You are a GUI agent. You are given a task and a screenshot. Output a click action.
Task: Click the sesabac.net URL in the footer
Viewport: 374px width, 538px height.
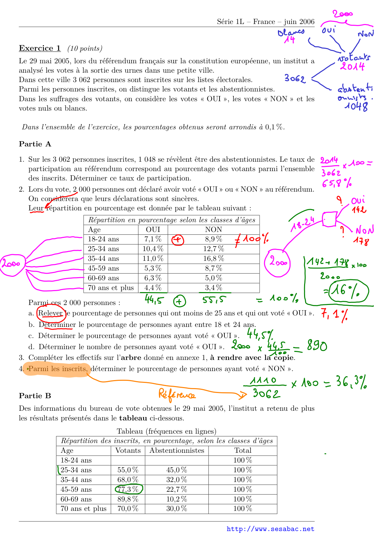pos(270,529)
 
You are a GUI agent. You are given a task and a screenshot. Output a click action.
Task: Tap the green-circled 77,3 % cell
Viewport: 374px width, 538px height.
pos(128,489)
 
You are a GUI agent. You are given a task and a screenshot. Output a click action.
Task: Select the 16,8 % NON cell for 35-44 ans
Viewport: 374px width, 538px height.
pos(214,258)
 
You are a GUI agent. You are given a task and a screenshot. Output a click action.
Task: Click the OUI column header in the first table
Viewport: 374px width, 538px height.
pos(153,230)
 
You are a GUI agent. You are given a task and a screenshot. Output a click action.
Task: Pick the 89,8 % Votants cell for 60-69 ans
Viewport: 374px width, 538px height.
pos(128,499)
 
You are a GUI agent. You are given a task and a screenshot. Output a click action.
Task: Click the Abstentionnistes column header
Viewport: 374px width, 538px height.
pos(177,450)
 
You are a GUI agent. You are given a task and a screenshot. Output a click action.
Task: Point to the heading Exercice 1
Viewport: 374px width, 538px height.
pos(40,48)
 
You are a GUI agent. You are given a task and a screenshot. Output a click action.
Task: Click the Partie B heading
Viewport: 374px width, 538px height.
pos(35,396)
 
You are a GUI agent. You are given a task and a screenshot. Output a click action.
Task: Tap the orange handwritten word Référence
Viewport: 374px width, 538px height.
pos(177,394)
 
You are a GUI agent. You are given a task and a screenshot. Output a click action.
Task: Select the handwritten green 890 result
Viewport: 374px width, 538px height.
pos(317,346)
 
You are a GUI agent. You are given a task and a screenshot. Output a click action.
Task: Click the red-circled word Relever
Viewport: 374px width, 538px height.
pos(51,313)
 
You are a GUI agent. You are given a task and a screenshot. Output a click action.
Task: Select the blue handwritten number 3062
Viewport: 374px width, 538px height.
pos(295,79)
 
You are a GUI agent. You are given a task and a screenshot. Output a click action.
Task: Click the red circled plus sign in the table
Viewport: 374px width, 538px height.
pos(178,240)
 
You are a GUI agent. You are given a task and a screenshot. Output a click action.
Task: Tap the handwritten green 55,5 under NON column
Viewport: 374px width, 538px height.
pos(214,299)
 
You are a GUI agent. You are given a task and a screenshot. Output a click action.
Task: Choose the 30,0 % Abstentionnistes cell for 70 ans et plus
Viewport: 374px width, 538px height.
pos(176,508)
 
